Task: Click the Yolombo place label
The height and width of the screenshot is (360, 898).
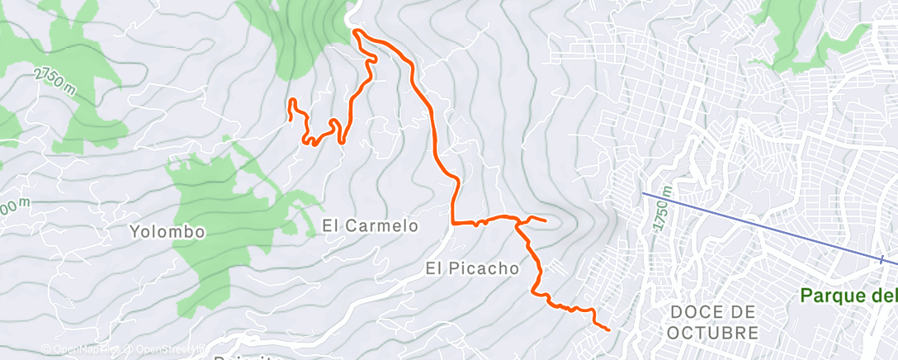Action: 167,232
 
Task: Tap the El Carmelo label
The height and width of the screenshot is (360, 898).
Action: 371,225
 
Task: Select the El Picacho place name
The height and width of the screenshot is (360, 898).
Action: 472,268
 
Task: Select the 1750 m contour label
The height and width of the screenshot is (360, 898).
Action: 662,209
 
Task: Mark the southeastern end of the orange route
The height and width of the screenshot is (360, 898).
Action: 608,329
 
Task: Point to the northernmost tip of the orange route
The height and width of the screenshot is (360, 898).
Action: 355,31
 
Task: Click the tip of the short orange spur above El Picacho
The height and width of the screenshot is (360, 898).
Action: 546,220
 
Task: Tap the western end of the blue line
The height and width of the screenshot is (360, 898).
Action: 643,193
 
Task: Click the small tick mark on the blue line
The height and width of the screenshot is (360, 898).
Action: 881,260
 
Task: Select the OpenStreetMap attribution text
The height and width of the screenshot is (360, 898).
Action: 164,349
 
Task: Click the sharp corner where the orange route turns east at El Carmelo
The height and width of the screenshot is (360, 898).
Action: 453,221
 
